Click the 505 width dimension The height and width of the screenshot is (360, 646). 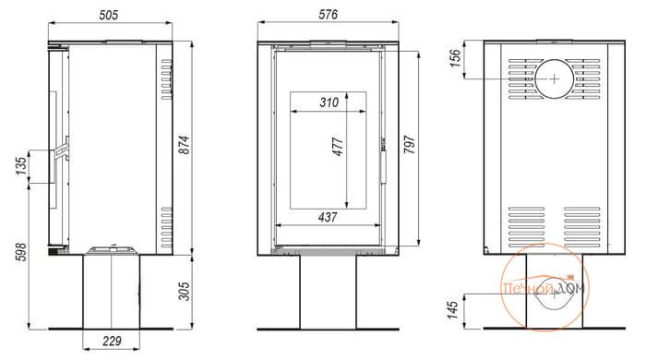109,15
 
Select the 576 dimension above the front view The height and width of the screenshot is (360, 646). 328,15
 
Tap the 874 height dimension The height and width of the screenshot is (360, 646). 185,145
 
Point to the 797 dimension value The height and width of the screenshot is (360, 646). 410,145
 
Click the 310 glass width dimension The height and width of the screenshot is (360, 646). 329,102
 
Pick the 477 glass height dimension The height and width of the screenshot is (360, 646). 338,147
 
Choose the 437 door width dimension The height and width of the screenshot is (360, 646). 328,217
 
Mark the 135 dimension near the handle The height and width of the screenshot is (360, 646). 20,165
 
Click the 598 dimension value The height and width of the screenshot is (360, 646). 20,252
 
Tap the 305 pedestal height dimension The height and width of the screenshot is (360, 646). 185,291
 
